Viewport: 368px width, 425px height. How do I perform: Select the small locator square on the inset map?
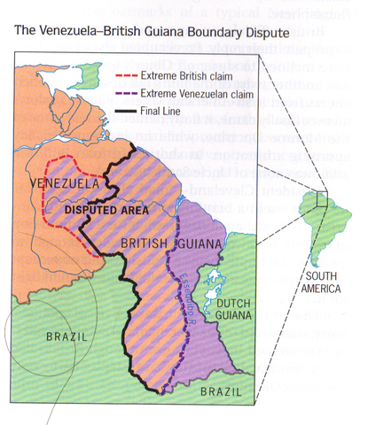coord(320,197)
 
